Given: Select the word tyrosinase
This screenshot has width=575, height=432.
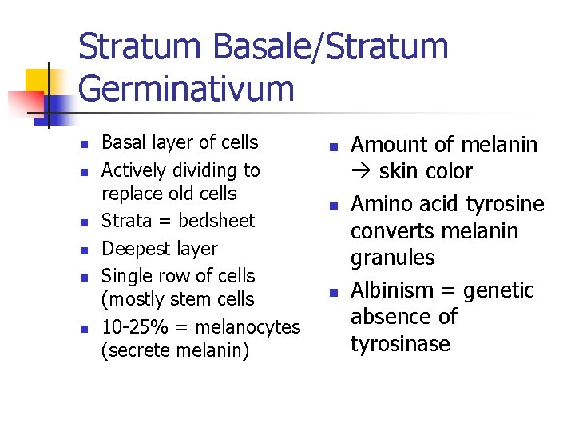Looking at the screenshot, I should [x=402, y=345].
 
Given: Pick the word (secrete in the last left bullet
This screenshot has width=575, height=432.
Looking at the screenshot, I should [x=132, y=351].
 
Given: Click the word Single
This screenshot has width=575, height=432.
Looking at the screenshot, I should [x=127, y=276].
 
